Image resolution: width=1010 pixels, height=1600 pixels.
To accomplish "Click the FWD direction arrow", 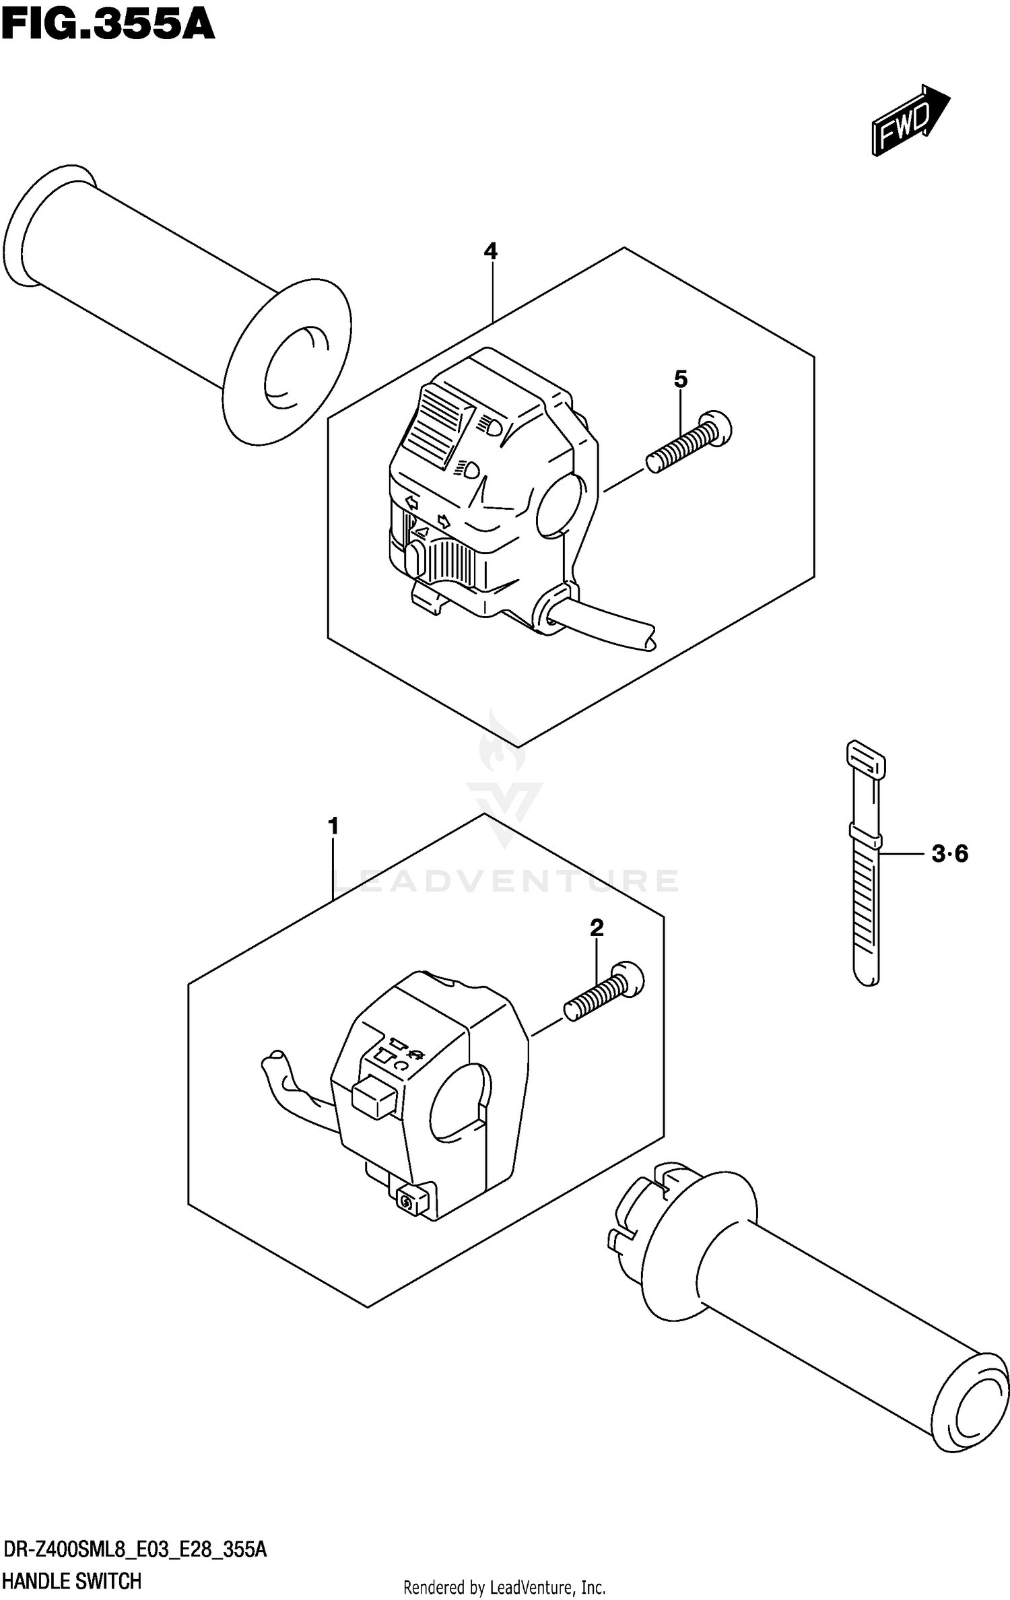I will tap(909, 121).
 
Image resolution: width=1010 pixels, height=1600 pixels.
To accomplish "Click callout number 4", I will tap(490, 252).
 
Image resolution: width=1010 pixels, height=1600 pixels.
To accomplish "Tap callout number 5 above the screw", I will tap(681, 380).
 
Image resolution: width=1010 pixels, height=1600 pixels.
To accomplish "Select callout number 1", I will tap(333, 826).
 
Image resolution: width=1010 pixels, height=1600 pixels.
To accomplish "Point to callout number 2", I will tap(597, 929).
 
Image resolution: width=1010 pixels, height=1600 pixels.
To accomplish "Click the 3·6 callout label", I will tap(949, 855).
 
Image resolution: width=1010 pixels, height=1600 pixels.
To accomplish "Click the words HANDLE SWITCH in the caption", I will tap(72, 1580).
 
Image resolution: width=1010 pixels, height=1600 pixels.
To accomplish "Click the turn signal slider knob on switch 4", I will tap(414, 560).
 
